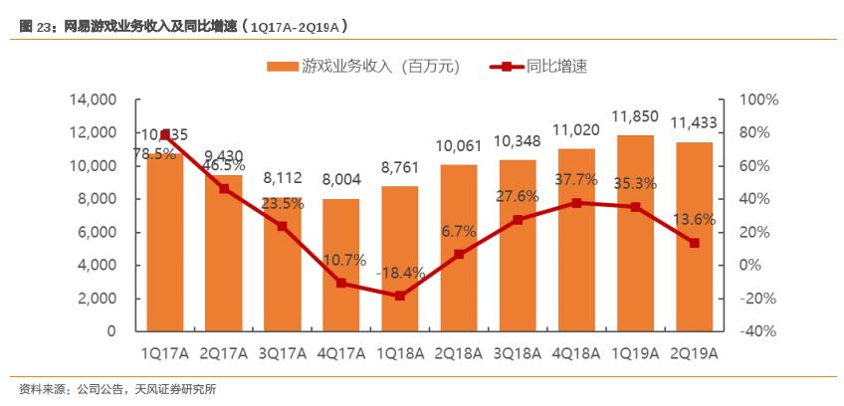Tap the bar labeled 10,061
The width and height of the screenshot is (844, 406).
click(x=459, y=248)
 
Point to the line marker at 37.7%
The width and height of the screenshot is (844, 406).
click(x=576, y=202)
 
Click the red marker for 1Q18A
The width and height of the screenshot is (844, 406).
click(x=400, y=296)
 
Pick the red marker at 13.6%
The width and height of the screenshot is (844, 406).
click(x=694, y=243)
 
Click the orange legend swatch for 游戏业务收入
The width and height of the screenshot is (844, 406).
click(x=283, y=68)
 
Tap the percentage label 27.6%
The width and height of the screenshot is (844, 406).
click(x=518, y=196)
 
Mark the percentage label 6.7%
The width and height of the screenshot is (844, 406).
click(x=459, y=232)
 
